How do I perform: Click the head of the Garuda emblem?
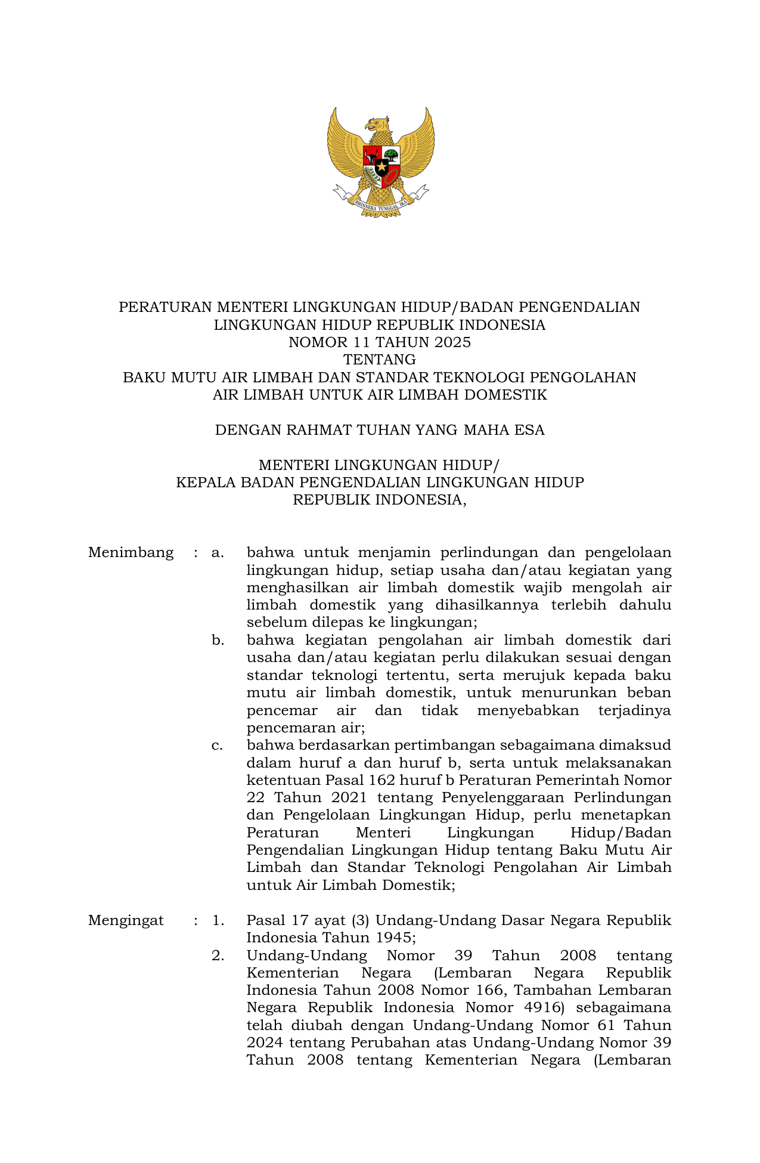point(377,125)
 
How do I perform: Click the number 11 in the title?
point(332,342)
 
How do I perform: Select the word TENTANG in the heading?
point(380,360)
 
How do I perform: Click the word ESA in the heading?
point(529,430)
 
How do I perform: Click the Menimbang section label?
point(131,552)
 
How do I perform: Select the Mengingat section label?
point(126,920)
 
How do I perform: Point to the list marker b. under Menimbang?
point(218,641)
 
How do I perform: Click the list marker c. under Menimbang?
point(217,746)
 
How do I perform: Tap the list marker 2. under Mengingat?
point(218,955)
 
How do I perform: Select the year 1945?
point(393,938)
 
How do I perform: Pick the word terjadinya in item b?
point(634,710)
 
